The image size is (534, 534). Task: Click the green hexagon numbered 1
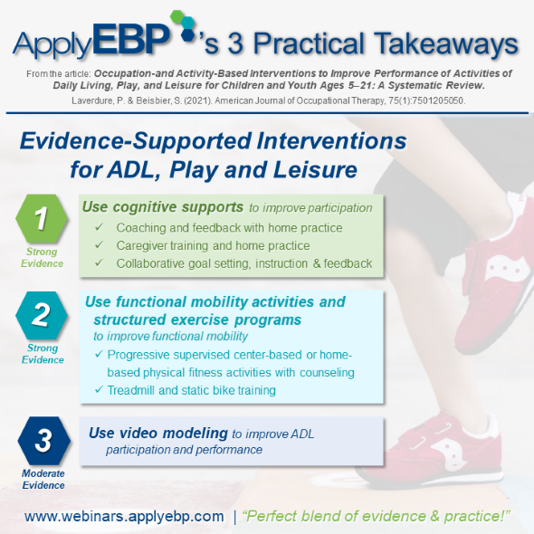coord(42,218)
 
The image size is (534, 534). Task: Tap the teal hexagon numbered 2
coord(42,315)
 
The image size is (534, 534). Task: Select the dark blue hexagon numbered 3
coord(44,441)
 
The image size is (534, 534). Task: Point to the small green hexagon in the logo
coord(177,17)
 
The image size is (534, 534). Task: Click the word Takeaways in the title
coord(446,43)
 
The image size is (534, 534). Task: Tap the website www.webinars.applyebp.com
coord(124,516)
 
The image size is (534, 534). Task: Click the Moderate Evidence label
coord(43,479)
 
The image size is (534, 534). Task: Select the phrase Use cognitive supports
coord(163,206)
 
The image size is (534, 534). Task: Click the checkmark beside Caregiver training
coord(99,245)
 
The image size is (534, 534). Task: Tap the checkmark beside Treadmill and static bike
coord(99,389)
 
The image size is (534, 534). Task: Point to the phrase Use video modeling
coord(158,434)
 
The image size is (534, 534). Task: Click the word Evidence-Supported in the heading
coord(135,141)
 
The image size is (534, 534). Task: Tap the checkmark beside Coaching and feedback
coord(99,227)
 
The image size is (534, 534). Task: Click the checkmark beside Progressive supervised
coord(99,354)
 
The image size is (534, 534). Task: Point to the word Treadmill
coord(131,390)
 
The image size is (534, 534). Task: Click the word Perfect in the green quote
coord(271,516)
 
